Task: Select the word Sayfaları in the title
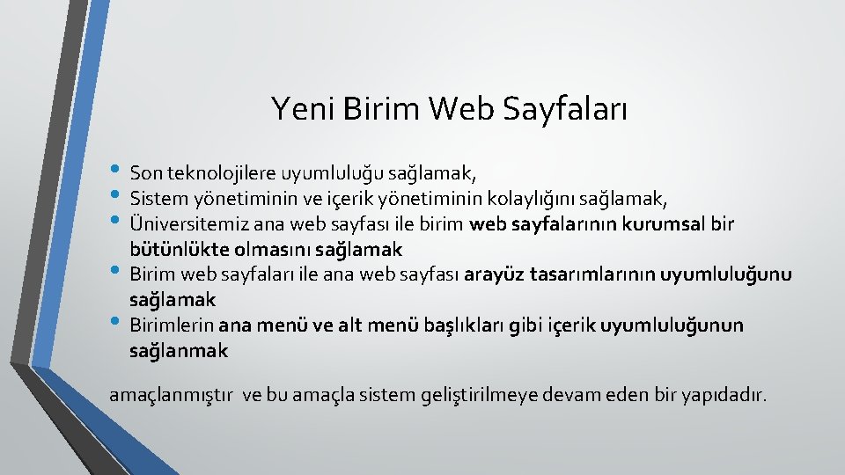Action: (x=566, y=109)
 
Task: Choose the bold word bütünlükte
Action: (x=171, y=249)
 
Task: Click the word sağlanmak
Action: (x=178, y=351)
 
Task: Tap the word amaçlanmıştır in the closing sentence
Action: (x=172, y=395)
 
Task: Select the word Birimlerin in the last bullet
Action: (x=172, y=325)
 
